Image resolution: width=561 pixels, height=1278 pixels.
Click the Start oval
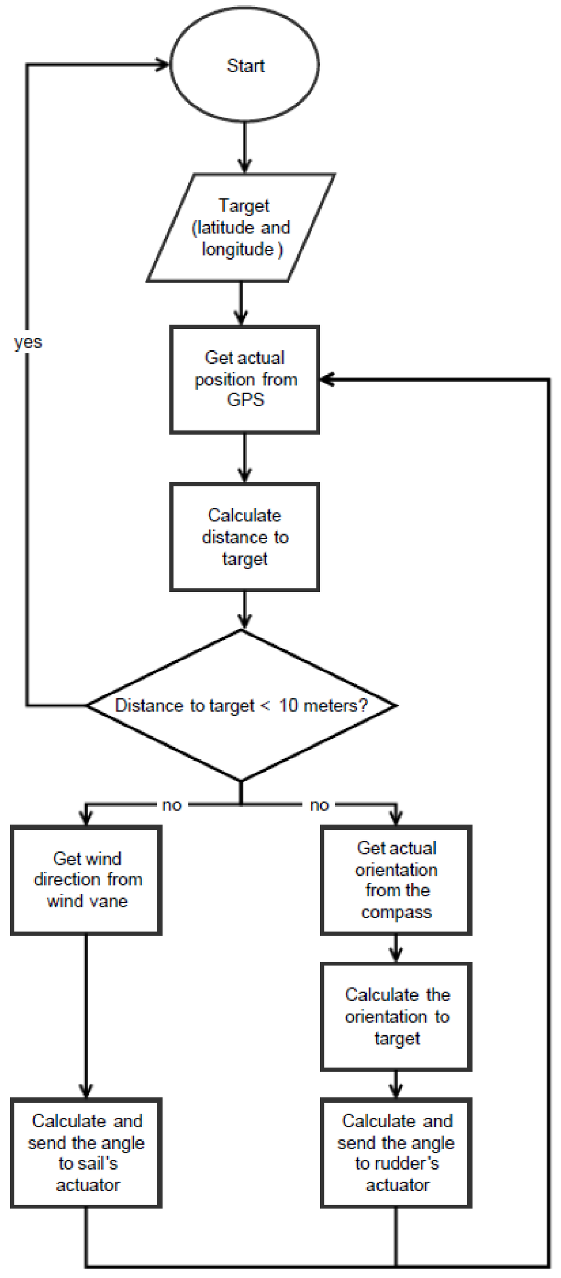coord(244,65)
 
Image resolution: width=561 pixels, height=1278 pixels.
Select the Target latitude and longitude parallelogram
coord(241,227)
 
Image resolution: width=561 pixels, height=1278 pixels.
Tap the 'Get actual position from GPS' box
coord(244,379)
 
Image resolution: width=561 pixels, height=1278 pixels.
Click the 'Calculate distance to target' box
coord(244,537)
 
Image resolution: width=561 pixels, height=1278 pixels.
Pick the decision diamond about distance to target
coord(241,705)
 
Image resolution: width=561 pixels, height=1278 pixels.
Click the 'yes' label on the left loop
coord(28,342)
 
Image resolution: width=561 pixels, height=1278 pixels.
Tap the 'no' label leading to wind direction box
coord(171,805)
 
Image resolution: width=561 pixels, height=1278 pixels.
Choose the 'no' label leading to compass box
coord(319,805)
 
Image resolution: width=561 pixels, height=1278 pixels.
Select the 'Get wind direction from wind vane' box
coord(87,880)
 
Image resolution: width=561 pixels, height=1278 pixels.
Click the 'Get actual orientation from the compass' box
coord(396,880)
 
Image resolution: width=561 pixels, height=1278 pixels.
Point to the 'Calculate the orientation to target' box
coord(396,1016)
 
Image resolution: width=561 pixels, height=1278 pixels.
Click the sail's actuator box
coord(87,1153)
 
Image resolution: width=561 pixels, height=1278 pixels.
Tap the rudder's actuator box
coord(396,1153)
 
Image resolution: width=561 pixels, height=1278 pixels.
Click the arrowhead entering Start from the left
coord(163,65)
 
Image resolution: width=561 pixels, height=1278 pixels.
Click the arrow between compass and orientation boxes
coord(396,948)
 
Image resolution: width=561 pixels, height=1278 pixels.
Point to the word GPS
coord(245,400)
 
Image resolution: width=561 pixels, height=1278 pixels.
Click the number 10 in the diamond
coord(288,705)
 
